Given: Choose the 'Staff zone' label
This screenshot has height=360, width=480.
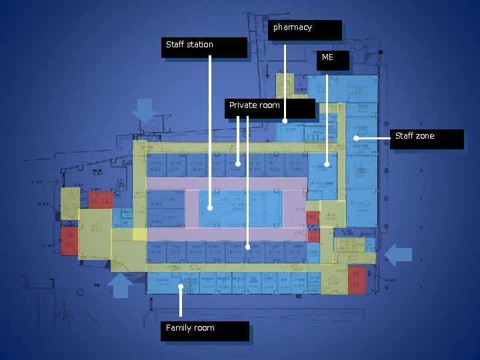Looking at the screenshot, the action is tap(427, 139).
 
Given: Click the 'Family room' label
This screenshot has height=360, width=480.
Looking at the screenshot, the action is tap(204, 331).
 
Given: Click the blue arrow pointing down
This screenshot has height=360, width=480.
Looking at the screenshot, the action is tap(144, 110).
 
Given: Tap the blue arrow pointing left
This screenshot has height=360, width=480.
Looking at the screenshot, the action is tap(400, 255).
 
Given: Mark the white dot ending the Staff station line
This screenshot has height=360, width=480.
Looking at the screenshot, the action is tap(210, 208).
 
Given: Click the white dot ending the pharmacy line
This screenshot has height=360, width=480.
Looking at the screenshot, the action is tap(285, 121).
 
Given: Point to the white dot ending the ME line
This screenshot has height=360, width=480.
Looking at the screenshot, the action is tap(327, 164).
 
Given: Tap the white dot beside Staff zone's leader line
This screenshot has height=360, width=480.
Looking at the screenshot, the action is tap(356, 138).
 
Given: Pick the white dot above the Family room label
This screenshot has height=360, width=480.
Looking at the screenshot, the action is tap(181, 287).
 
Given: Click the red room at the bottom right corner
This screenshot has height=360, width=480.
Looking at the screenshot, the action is tap(357, 280).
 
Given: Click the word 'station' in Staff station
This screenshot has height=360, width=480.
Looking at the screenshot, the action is tap(199, 45).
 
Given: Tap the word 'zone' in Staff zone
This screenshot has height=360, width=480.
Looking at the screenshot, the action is tap(425, 136).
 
